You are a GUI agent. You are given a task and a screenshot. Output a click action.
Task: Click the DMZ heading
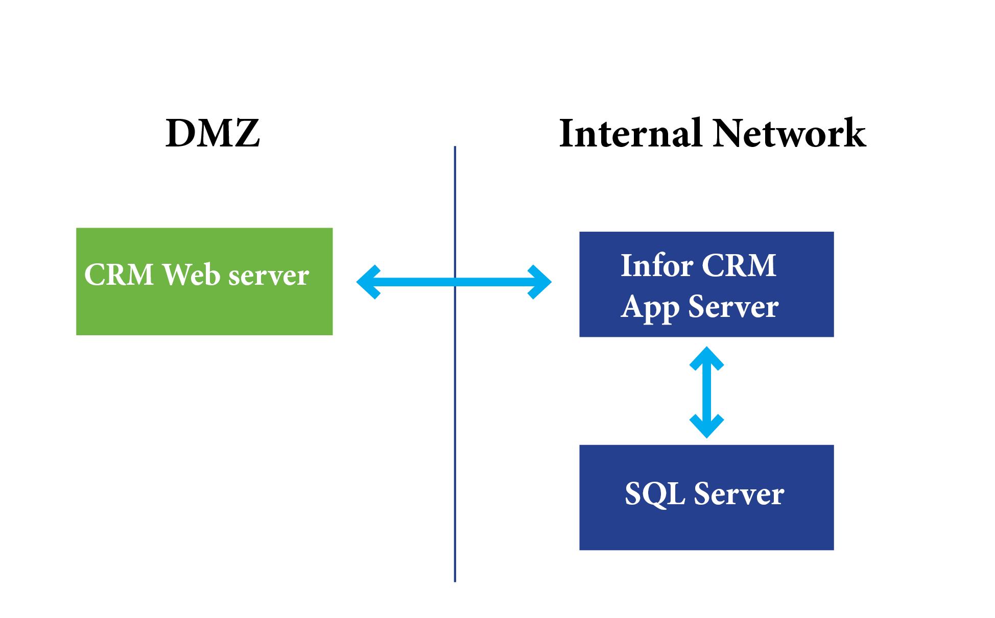point(212,134)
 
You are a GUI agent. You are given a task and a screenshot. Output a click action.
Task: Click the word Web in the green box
point(191,275)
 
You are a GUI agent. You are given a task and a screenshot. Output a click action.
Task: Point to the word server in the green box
point(269,276)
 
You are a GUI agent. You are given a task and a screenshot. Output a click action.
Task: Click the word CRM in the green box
point(119,275)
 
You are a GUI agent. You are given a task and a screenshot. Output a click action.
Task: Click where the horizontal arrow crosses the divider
point(455,282)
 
